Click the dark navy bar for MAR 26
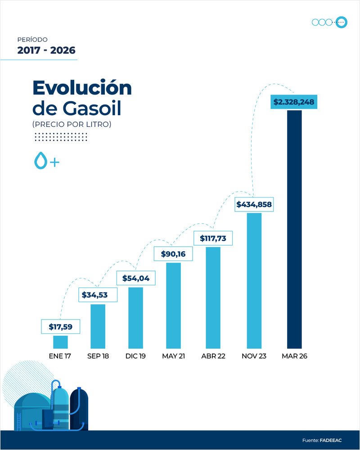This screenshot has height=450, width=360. tap(294, 229)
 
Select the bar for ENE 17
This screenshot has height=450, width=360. tap(60, 342)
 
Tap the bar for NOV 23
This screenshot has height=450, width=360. tap(254, 280)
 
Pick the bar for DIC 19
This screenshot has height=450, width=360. tap(135, 318)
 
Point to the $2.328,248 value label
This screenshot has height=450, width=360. tap(293, 103)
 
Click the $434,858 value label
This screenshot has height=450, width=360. tap(254, 204)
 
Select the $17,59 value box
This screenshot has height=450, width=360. tap(60, 327)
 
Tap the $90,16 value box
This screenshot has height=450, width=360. tap(173, 254)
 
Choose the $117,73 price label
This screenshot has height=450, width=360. tap(213, 238)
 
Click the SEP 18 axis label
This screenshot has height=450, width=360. tap(98, 356)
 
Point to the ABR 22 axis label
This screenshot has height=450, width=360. tap(213, 356)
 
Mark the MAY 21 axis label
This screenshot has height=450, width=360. tap(173, 356)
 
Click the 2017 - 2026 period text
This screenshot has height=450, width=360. tap(46, 50)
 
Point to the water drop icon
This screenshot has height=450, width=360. tap(40, 161)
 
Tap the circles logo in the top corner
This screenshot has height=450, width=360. tap(329, 22)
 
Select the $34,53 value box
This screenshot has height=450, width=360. tap(98, 295)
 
